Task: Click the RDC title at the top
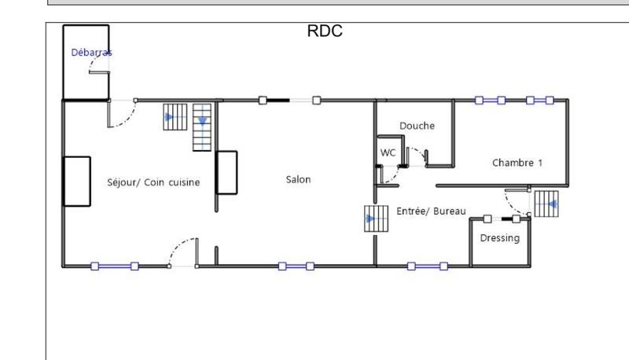tap(324, 32)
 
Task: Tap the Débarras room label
tap(91, 53)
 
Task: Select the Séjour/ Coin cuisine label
tap(153, 182)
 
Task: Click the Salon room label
tap(298, 179)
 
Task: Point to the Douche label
tap(417, 126)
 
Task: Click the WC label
tap(388, 152)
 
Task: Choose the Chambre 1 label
tap(517, 163)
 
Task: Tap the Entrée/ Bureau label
tap(432, 211)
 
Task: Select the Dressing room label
tap(499, 237)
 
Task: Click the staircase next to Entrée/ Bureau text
tap(377, 218)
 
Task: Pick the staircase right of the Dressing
tap(546, 204)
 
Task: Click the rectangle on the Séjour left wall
tap(77, 181)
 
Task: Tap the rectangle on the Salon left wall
tap(227, 172)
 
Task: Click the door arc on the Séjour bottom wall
tap(183, 252)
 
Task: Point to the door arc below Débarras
tap(120, 114)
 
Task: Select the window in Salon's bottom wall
tap(296, 266)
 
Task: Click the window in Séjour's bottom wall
tap(114, 266)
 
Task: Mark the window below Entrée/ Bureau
tap(426, 266)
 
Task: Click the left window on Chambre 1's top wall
tap(490, 101)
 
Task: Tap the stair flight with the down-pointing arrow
tap(203, 127)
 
